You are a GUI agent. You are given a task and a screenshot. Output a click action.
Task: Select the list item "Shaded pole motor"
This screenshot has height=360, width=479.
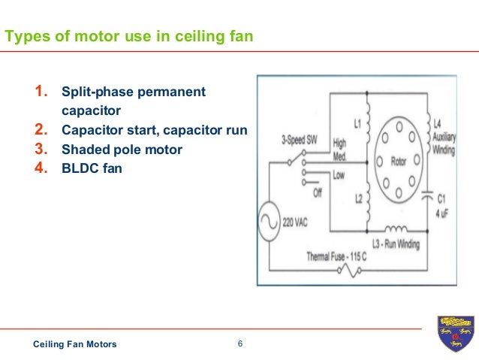(122, 150)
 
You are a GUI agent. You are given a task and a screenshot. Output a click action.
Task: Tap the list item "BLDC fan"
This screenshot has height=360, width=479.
(92, 168)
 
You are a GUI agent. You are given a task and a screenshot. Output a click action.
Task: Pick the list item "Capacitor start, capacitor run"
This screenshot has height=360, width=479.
(154, 130)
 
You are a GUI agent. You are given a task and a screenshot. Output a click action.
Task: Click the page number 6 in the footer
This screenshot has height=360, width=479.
(239, 344)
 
